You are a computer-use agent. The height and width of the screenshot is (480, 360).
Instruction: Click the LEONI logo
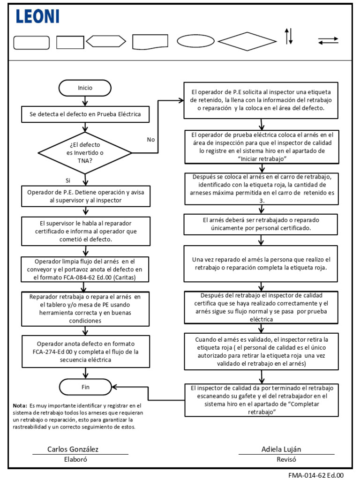tap(37, 16)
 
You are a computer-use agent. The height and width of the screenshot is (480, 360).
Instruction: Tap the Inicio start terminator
tap(85, 88)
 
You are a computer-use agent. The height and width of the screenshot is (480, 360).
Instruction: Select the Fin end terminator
tap(85, 387)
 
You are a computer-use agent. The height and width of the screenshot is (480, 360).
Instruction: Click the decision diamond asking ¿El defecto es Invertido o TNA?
tap(85, 153)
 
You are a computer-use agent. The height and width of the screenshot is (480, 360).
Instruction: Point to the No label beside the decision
tap(150, 140)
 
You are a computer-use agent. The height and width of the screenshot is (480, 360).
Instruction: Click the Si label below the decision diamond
tap(68, 180)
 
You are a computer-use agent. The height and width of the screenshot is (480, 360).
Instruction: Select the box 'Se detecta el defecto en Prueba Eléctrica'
tap(85, 114)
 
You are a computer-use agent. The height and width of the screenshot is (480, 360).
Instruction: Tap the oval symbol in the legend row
tap(195, 41)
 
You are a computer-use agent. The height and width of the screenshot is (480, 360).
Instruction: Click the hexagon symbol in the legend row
tap(106, 41)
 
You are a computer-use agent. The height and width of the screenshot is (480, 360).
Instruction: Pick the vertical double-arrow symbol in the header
tap(289, 36)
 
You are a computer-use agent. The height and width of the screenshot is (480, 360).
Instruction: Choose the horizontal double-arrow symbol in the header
tap(328, 41)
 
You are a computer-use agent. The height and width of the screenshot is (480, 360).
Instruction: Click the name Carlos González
tap(73, 449)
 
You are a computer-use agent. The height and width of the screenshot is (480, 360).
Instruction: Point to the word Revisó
tap(286, 459)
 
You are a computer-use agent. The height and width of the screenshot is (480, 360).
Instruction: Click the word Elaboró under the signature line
tap(75, 459)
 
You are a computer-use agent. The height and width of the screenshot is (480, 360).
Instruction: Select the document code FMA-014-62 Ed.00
tap(316, 475)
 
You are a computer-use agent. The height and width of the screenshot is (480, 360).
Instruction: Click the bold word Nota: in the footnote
tap(20, 405)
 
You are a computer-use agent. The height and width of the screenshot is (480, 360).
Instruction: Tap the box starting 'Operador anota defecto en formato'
tap(86, 352)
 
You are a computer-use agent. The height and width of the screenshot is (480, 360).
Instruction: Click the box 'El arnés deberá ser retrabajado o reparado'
tap(261, 225)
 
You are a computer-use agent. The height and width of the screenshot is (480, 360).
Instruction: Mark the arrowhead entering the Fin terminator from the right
tap(114, 387)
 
